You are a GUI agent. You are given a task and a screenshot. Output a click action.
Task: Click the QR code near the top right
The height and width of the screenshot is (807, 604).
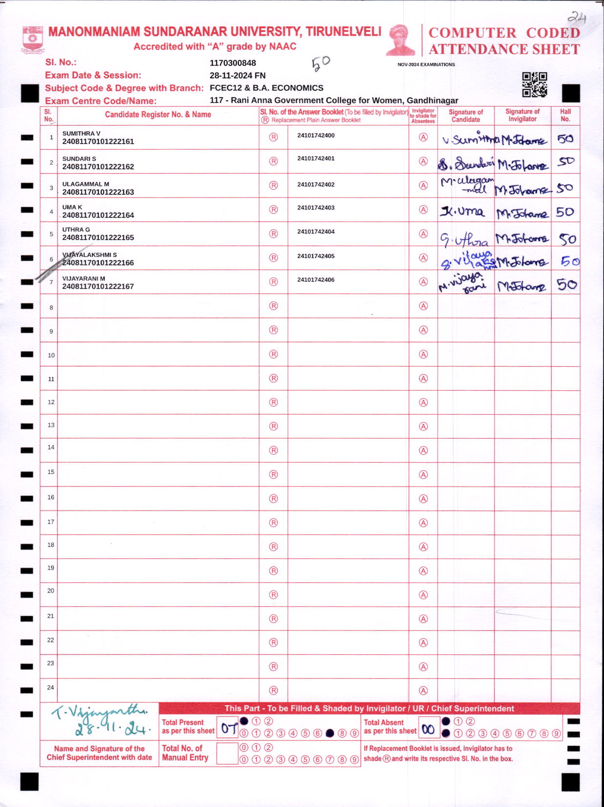(x=534, y=85)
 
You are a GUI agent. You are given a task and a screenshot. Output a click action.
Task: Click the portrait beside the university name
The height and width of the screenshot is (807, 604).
(x=400, y=40)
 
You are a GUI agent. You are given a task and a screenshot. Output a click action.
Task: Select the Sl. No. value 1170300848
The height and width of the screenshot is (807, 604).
(x=233, y=63)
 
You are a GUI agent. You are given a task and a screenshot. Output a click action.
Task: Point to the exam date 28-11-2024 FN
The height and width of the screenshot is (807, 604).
(x=237, y=75)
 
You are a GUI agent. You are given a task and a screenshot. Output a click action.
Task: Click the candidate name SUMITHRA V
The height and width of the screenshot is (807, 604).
(x=81, y=134)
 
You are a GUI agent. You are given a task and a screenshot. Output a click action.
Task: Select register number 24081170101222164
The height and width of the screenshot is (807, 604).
(x=98, y=215)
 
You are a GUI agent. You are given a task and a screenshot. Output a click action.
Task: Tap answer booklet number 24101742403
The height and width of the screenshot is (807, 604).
(x=316, y=208)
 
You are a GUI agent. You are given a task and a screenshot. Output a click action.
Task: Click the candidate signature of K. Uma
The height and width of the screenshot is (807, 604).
(x=462, y=212)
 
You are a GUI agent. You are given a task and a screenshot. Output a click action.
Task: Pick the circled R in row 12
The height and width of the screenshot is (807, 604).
(x=274, y=403)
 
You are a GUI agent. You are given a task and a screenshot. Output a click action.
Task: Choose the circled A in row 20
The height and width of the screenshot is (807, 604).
(x=423, y=595)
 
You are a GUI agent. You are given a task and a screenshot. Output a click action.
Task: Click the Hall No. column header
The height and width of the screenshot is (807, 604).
(x=565, y=115)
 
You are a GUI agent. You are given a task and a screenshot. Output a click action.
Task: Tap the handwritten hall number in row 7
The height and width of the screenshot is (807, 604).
(x=566, y=285)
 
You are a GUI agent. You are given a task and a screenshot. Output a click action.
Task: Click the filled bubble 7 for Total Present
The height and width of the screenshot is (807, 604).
(x=329, y=733)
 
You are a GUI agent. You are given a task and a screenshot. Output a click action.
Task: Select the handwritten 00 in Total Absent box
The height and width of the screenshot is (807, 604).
(x=428, y=730)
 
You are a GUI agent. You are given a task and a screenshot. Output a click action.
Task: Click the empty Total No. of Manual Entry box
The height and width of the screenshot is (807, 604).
(x=227, y=753)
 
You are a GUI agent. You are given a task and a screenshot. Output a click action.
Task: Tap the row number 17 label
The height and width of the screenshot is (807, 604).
(x=51, y=522)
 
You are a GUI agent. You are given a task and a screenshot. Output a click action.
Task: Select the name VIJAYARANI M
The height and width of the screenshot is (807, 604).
(x=84, y=279)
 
